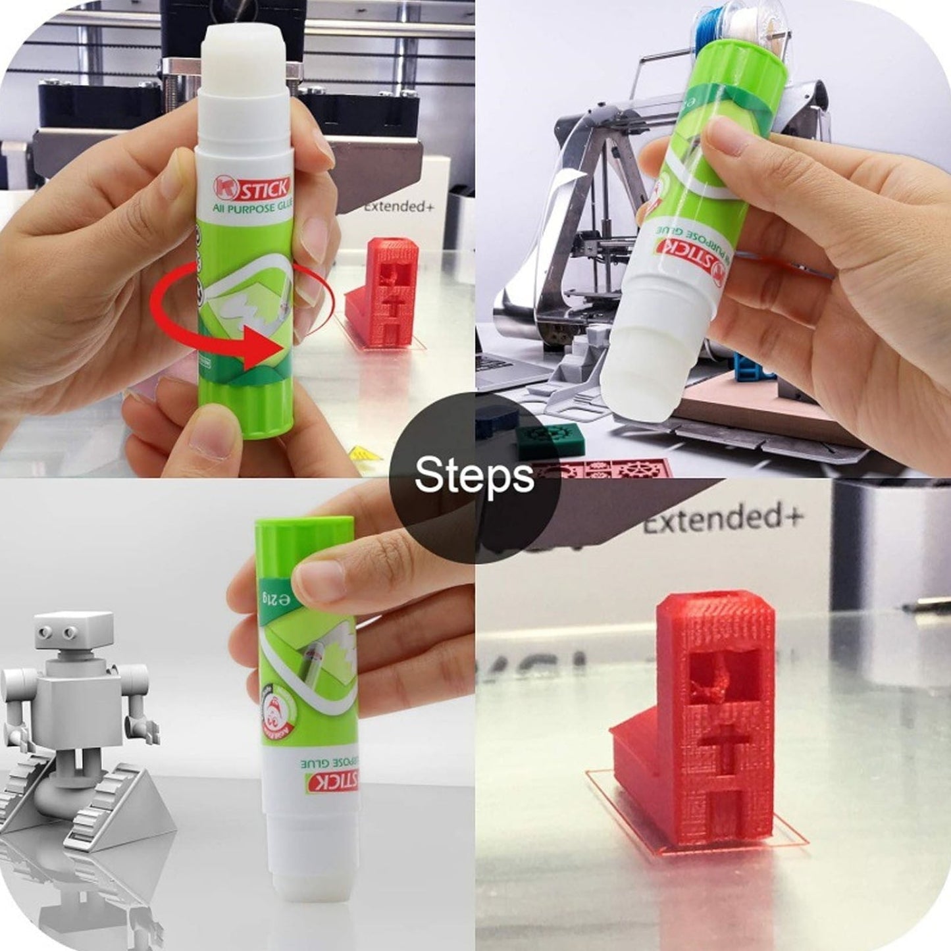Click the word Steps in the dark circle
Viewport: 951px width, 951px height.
[x=474, y=475]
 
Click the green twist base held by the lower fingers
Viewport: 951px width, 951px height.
[x=247, y=408]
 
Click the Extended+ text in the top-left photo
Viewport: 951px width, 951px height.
[x=399, y=206]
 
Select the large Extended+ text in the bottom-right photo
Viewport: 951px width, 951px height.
[x=723, y=518]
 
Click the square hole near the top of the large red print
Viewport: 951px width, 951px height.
[x=720, y=679]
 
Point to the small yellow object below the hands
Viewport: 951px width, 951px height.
[x=365, y=453]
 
